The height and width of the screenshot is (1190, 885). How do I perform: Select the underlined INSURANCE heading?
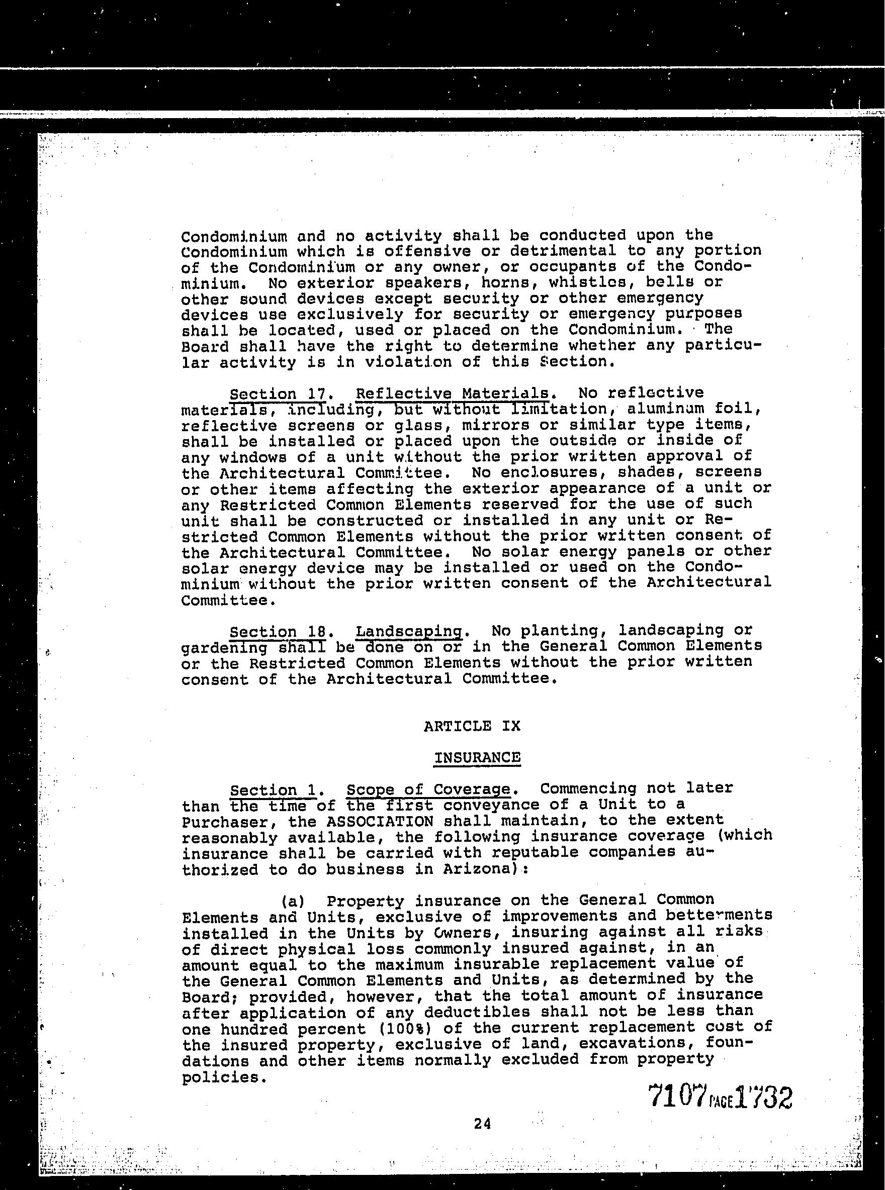477,757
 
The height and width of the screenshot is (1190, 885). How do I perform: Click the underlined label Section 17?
277,394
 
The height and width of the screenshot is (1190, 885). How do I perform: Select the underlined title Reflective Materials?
452,393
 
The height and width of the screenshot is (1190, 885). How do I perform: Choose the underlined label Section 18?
277,632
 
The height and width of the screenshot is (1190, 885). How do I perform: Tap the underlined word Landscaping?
408,631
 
